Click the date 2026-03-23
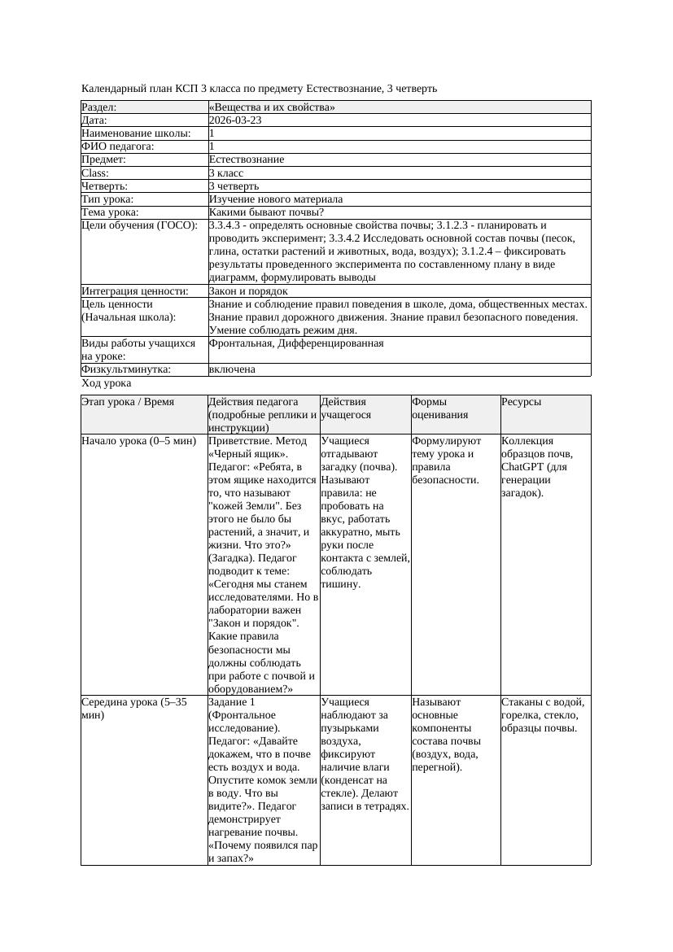(235, 120)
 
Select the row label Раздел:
(99, 107)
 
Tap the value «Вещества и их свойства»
(272, 107)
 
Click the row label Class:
(95, 173)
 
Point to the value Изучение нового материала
(276, 199)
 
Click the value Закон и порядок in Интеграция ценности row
(248, 291)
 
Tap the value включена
(232, 369)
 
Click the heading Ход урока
(107, 383)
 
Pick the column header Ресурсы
(521, 402)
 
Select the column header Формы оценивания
(439, 408)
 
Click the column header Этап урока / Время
(133, 402)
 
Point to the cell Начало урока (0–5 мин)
(138, 441)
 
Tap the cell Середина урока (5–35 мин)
(134, 708)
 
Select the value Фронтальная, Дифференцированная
(296, 343)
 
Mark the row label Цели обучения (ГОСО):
(139, 225)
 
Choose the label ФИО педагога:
(118, 146)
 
